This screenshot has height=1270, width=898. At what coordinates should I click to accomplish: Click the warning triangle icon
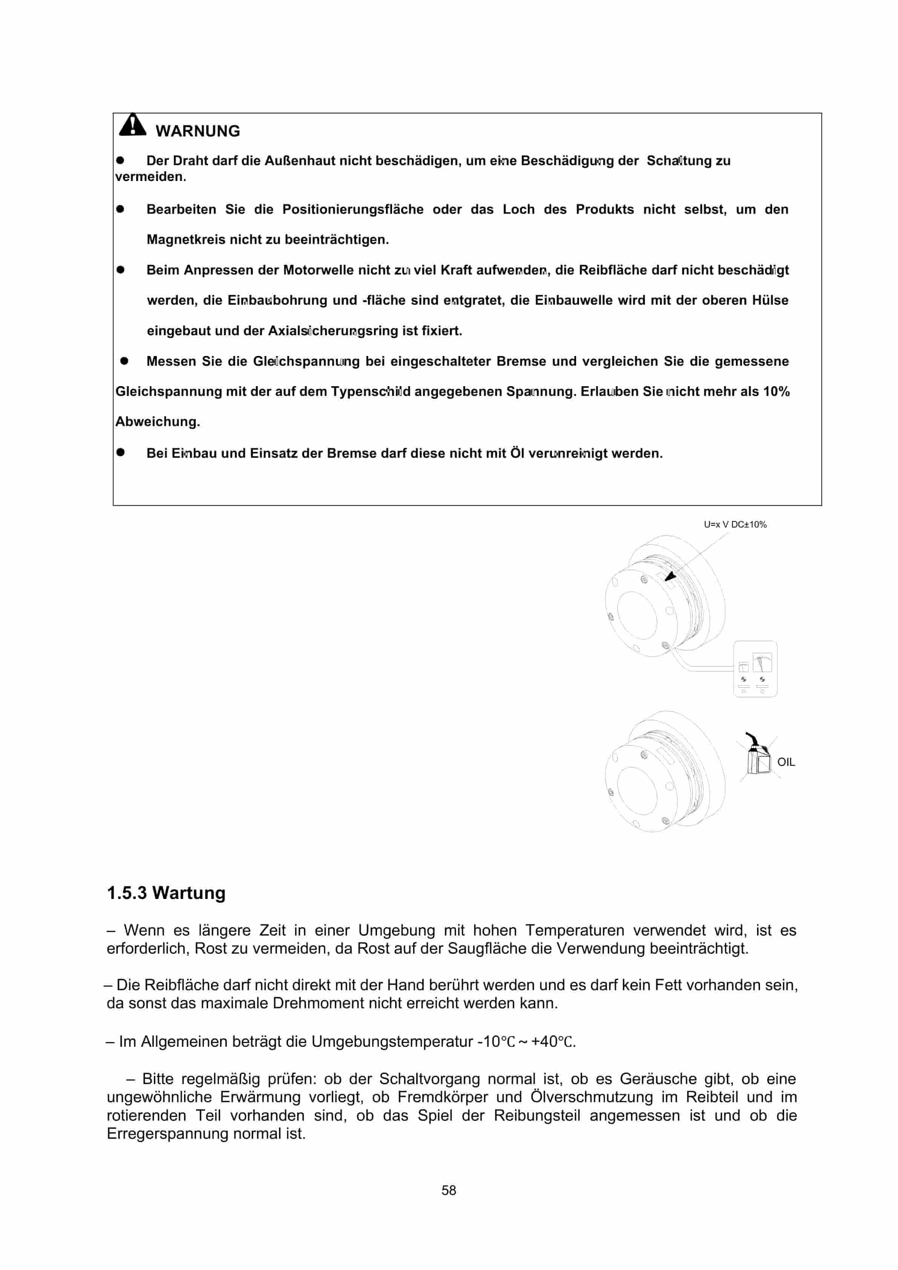click(x=133, y=125)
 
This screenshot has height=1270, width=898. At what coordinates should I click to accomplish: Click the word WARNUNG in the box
click(x=198, y=131)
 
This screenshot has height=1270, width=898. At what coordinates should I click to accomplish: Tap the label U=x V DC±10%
click(x=735, y=525)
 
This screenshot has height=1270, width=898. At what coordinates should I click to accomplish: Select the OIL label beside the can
click(x=786, y=762)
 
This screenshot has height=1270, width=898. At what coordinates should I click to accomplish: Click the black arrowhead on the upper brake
click(x=670, y=577)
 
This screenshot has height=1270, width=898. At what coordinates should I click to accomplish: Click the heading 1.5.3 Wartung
click(x=166, y=893)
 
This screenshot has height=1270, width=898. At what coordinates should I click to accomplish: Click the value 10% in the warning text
click(x=776, y=392)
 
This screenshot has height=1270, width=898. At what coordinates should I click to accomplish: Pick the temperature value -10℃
click(x=496, y=1042)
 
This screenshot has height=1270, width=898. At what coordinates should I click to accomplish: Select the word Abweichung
click(x=157, y=422)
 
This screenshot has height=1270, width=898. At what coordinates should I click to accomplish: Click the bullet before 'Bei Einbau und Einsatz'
click(x=121, y=452)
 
